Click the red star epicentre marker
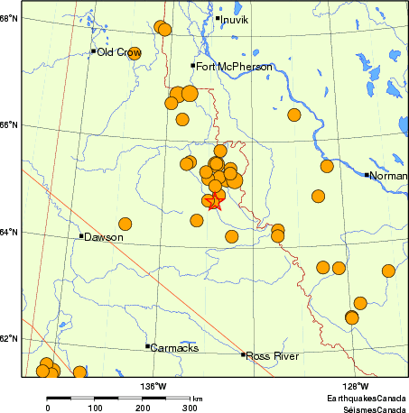click(x=214, y=202)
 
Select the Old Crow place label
click(x=118, y=52)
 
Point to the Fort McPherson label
click(x=234, y=67)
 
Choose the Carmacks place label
click(x=174, y=347)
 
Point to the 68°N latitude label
click(x=9, y=17)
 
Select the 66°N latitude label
click(x=9, y=124)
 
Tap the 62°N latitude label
click(x=9, y=339)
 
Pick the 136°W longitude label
click(x=153, y=386)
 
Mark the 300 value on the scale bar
click(x=191, y=408)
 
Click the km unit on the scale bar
click(x=197, y=397)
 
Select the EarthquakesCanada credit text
click(x=367, y=397)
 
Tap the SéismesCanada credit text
click(x=367, y=408)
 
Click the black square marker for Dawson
click(x=81, y=236)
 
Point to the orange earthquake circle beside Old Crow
click(x=135, y=53)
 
